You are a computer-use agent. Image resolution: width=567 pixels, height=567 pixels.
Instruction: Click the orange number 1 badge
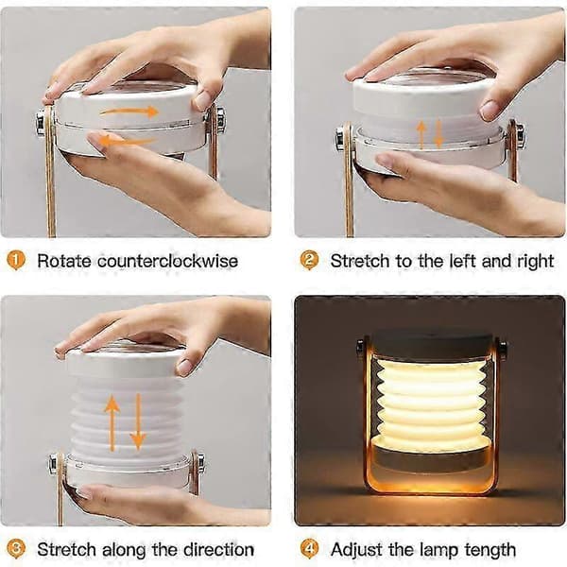point(16,261)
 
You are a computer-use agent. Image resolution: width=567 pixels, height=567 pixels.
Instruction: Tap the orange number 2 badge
point(310,261)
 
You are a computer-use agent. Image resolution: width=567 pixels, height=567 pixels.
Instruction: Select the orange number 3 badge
point(16,549)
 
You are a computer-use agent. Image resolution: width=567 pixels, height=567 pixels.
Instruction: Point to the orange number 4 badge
point(310,549)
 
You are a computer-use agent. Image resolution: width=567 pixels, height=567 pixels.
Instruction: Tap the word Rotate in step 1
point(64,261)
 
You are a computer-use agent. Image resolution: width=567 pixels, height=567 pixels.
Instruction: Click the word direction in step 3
point(218,550)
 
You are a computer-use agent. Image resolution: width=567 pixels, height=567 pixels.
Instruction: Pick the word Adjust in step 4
point(356,550)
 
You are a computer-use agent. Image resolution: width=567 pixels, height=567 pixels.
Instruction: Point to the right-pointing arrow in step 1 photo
point(129,112)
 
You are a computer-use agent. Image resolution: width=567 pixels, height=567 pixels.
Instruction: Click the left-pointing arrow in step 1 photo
point(127,141)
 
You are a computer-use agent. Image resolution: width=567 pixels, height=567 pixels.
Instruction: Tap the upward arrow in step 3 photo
point(112,423)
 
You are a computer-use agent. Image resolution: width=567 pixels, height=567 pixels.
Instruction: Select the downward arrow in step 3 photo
point(138,421)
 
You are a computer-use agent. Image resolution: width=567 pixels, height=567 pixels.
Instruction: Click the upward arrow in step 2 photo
point(421,134)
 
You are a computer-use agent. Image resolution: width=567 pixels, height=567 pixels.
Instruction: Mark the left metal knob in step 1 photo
point(40,123)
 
